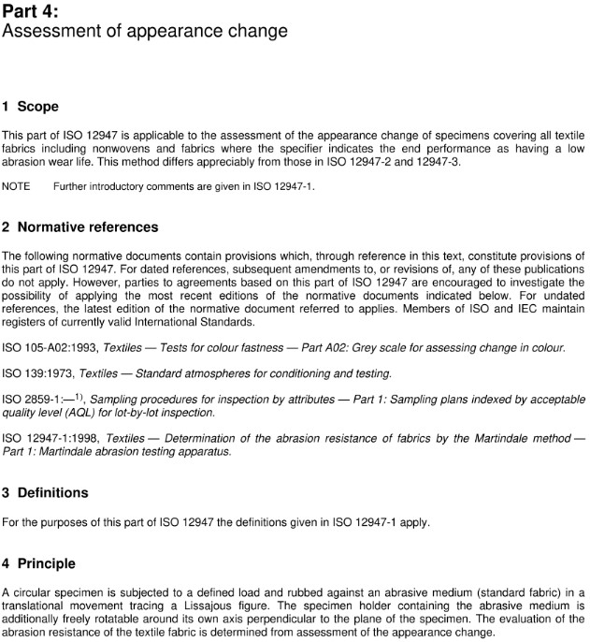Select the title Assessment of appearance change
coord(145,32)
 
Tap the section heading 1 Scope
coord(30,106)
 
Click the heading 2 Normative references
coord(80,226)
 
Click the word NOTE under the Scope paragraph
coord(16,186)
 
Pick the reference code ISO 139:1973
coord(38,373)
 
